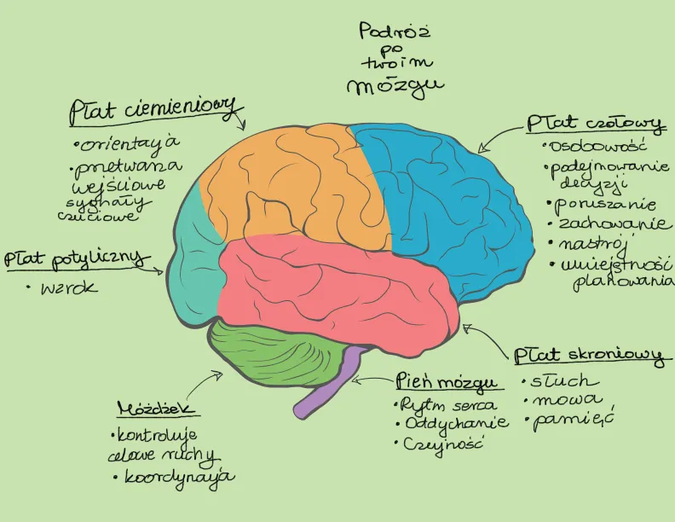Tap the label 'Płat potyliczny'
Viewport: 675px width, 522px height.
tap(77, 258)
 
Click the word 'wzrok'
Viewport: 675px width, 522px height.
tap(69, 288)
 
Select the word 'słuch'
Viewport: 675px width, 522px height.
tap(565, 381)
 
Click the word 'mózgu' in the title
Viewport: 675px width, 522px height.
tap(395, 86)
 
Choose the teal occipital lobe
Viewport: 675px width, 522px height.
tap(193, 264)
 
